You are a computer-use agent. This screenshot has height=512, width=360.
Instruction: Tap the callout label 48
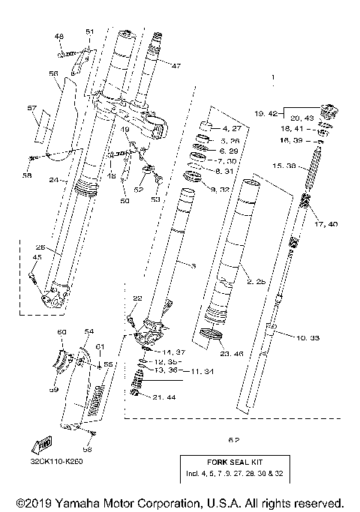click(59, 36)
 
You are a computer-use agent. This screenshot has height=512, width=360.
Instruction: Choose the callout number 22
click(136, 299)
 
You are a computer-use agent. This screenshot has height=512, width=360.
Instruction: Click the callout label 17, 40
click(327, 223)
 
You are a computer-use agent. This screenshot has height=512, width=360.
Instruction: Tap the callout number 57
click(31, 109)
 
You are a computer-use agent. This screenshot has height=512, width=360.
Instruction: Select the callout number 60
click(62, 331)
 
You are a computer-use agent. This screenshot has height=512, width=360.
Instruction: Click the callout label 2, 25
click(253, 280)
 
